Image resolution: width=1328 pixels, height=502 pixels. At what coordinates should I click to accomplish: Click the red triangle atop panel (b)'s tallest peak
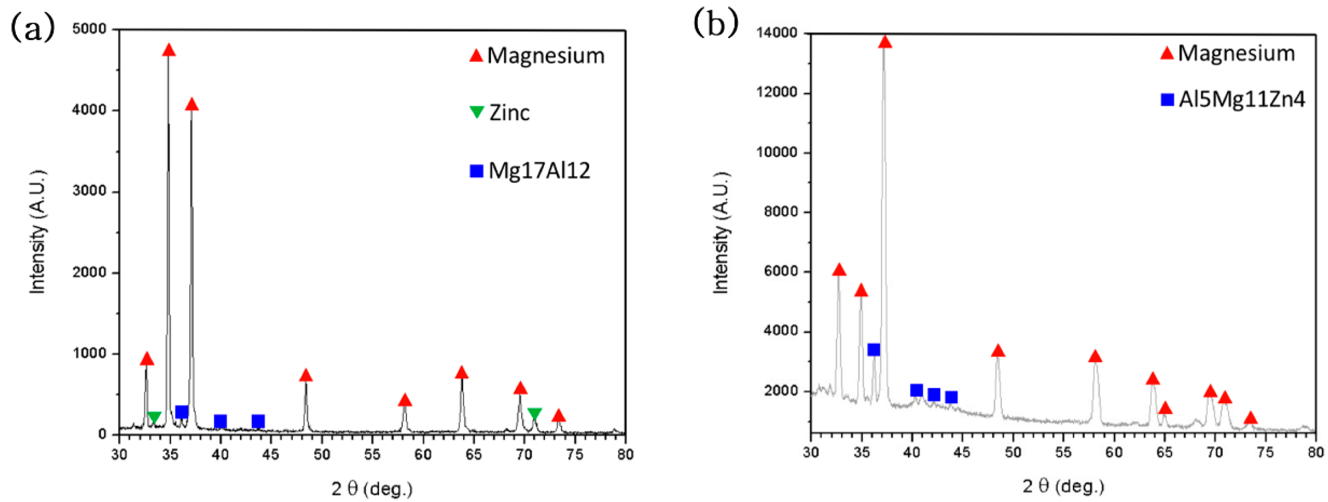coord(885,42)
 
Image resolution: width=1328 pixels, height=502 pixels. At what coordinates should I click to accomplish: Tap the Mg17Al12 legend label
coord(539,171)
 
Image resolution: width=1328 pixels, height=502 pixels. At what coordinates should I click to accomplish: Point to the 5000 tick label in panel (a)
coord(88,29)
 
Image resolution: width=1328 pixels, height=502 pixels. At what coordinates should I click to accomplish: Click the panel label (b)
coord(715,24)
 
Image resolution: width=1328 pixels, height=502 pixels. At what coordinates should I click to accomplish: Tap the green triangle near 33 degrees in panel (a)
coord(154,417)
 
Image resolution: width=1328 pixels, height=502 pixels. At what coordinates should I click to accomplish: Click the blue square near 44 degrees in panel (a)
coord(258,422)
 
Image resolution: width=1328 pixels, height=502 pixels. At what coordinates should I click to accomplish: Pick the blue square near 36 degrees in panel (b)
coord(873,350)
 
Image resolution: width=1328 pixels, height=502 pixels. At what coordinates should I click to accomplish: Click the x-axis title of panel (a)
coord(372,488)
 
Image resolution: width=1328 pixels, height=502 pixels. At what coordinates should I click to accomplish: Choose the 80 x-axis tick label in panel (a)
coord(625,454)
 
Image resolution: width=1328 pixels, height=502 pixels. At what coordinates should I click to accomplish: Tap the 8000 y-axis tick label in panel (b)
coord(780,212)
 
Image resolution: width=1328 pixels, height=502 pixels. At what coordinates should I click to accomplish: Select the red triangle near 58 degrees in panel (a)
coord(405,400)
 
